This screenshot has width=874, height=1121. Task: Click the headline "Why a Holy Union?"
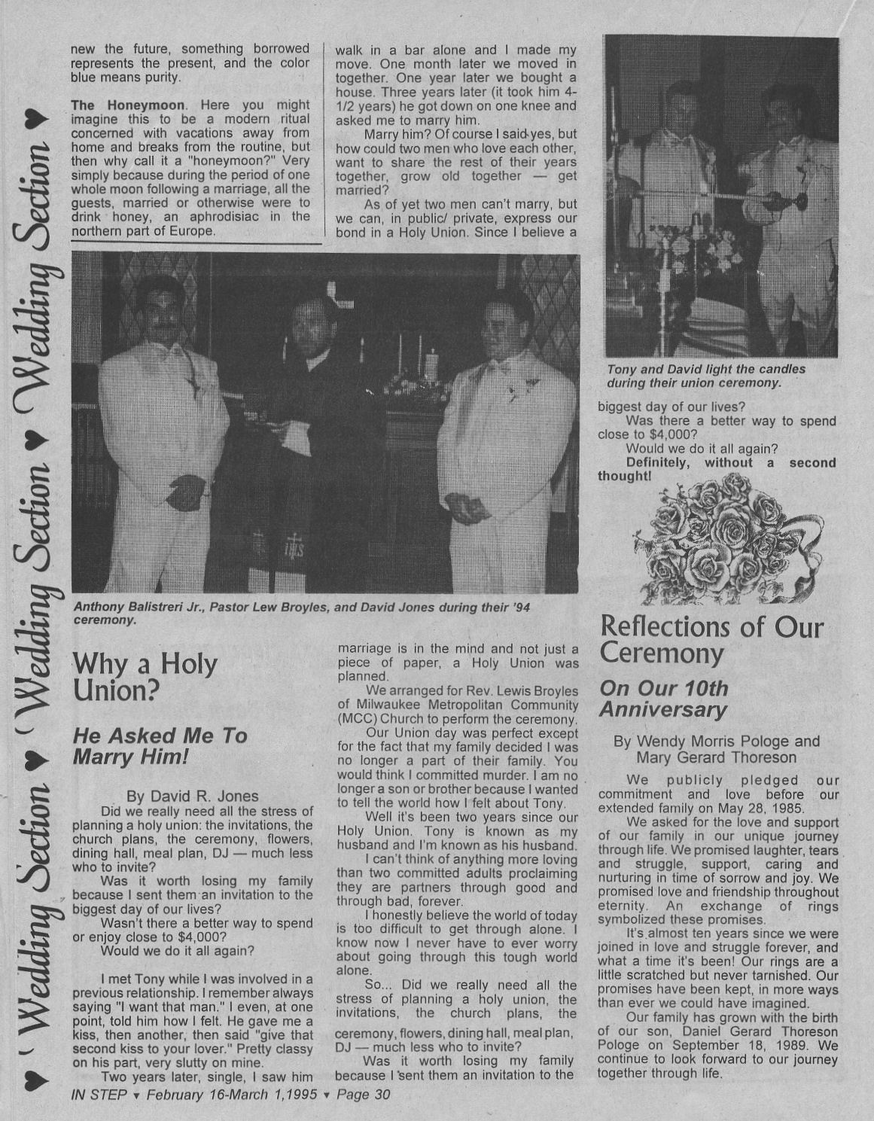(145, 677)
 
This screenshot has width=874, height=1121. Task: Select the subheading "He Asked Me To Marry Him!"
(160, 745)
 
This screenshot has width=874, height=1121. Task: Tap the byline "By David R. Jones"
(193, 796)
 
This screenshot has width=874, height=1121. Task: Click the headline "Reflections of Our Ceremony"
(711, 639)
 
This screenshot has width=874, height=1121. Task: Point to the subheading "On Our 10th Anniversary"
(663, 699)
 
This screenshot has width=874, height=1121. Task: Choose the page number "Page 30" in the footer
(364, 1095)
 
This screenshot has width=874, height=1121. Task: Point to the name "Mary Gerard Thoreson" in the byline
(716, 757)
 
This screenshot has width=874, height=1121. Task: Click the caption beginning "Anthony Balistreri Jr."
(301, 612)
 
